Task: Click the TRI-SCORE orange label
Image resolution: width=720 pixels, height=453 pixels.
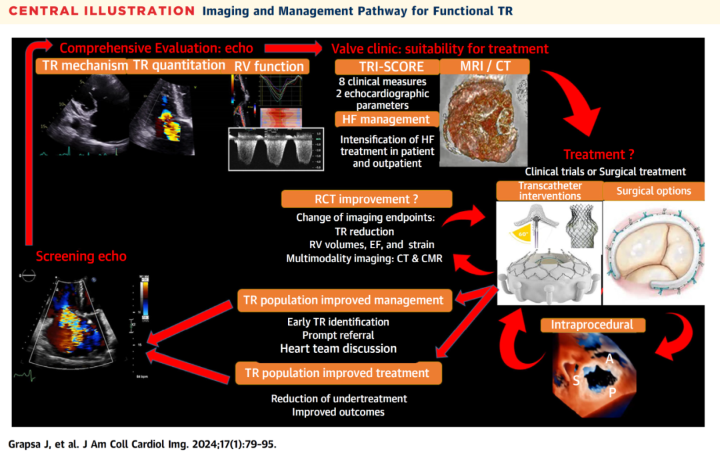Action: click(x=387, y=67)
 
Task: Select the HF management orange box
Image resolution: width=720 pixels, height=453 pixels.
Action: click(x=387, y=119)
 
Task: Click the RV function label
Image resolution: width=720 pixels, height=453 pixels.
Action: click(x=269, y=66)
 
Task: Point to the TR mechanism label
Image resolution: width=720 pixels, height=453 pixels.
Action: click(x=84, y=65)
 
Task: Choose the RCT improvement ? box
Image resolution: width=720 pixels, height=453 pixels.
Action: click(x=367, y=199)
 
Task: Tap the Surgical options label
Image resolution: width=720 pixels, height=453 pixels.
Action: click(x=653, y=191)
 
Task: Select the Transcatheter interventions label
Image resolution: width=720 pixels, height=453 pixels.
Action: click(x=549, y=191)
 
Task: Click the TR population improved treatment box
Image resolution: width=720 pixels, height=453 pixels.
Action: click(x=337, y=373)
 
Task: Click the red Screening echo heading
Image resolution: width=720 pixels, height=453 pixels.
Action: click(x=81, y=256)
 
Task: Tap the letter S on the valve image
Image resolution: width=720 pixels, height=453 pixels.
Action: click(x=575, y=380)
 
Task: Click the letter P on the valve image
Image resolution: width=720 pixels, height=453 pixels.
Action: click(x=611, y=392)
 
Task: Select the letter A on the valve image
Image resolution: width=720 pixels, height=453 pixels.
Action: click(x=609, y=359)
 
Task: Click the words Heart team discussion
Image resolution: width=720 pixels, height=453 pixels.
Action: click(x=338, y=348)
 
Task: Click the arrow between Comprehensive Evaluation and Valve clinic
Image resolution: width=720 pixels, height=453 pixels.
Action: click(x=293, y=48)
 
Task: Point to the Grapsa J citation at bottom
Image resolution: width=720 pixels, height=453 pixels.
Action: click(x=142, y=443)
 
